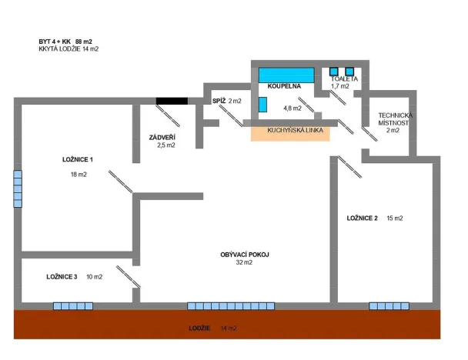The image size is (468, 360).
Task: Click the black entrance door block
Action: (172, 100)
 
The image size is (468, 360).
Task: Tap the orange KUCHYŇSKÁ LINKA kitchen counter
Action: (290, 132)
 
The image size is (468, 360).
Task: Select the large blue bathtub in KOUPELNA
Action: (286, 75)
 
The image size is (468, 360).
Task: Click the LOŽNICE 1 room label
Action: (78, 160)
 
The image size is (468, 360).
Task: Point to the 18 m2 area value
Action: (78, 175)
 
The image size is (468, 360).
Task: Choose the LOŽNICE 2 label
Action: (362, 218)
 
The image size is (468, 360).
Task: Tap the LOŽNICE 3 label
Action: (62, 276)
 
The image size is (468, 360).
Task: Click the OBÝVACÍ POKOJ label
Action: (244, 255)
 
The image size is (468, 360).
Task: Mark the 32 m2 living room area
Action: (244, 262)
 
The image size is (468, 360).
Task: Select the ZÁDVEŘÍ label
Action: (162, 137)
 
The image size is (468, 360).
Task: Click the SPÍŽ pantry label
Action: (219, 101)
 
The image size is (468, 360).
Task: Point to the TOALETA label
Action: (343, 79)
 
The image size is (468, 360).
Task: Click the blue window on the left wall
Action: (18, 188)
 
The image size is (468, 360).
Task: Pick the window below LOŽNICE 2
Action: (389, 305)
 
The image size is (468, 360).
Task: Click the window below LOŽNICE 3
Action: (73, 305)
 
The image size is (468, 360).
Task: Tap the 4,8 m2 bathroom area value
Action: (292, 108)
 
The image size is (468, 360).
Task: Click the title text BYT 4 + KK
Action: (55, 41)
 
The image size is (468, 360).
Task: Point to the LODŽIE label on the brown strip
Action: (200, 328)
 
